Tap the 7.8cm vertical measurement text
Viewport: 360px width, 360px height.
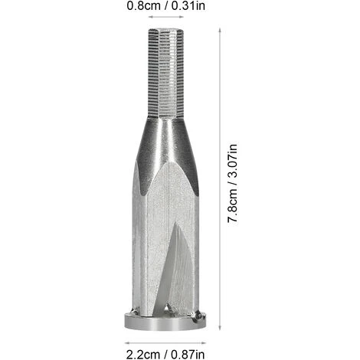pos(239,207)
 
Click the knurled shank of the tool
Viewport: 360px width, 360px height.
pos(169,73)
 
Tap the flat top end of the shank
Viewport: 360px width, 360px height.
pos(169,28)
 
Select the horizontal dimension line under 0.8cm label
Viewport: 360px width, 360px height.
pos(169,17)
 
